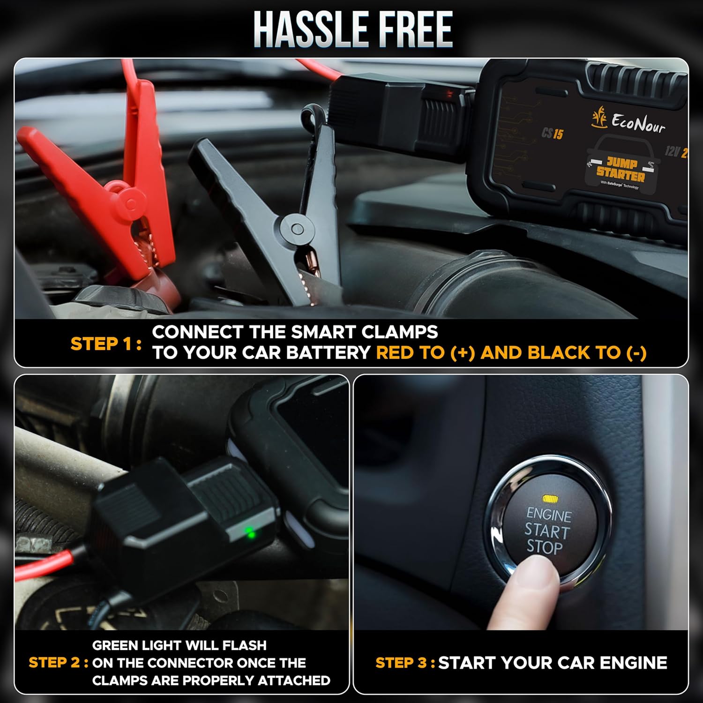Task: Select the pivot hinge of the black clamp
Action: pos(297,229)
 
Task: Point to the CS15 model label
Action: pos(552,134)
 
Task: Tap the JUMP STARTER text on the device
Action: pos(621,170)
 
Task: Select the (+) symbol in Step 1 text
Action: pos(462,353)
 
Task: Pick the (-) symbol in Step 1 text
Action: pos(636,353)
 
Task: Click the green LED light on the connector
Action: pos(250,532)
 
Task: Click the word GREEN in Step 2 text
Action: pos(118,645)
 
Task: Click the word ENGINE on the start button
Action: pos(549,515)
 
